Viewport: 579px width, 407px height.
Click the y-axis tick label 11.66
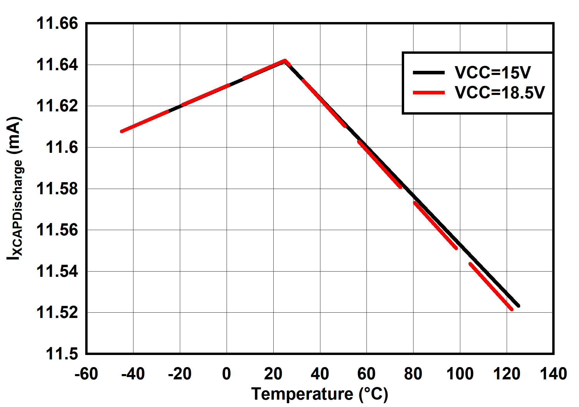(x=57, y=23)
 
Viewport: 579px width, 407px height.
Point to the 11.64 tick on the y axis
(x=57, y=65)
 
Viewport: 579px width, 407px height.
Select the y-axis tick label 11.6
(x=62, y=147)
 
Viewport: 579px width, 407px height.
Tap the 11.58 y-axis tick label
(x=57, y=189)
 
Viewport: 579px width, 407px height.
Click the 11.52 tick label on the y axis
(x=57, y=312)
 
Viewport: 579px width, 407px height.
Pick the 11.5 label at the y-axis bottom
(x=62, y=354)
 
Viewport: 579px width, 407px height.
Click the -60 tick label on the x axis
(x=86, y=374)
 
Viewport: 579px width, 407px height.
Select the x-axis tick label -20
(x=180, y=374)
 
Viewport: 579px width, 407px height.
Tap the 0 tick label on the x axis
(x=227, y=374)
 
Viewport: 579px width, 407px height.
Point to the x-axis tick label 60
(x=367, y=374)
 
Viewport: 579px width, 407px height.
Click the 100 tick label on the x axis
(x=460, y=374)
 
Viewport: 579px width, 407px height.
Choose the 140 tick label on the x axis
(x=553, y=374)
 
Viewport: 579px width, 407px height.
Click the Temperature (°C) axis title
(x=320, y=394)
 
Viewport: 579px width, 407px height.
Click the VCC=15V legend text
(x=493, y=73)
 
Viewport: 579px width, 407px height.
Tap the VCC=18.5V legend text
(x=500, y=93)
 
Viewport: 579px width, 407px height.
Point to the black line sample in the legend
(x=429, y=73)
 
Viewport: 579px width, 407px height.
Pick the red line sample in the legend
(x=429, y=93)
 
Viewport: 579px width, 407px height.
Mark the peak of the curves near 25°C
(x=285, y=61)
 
